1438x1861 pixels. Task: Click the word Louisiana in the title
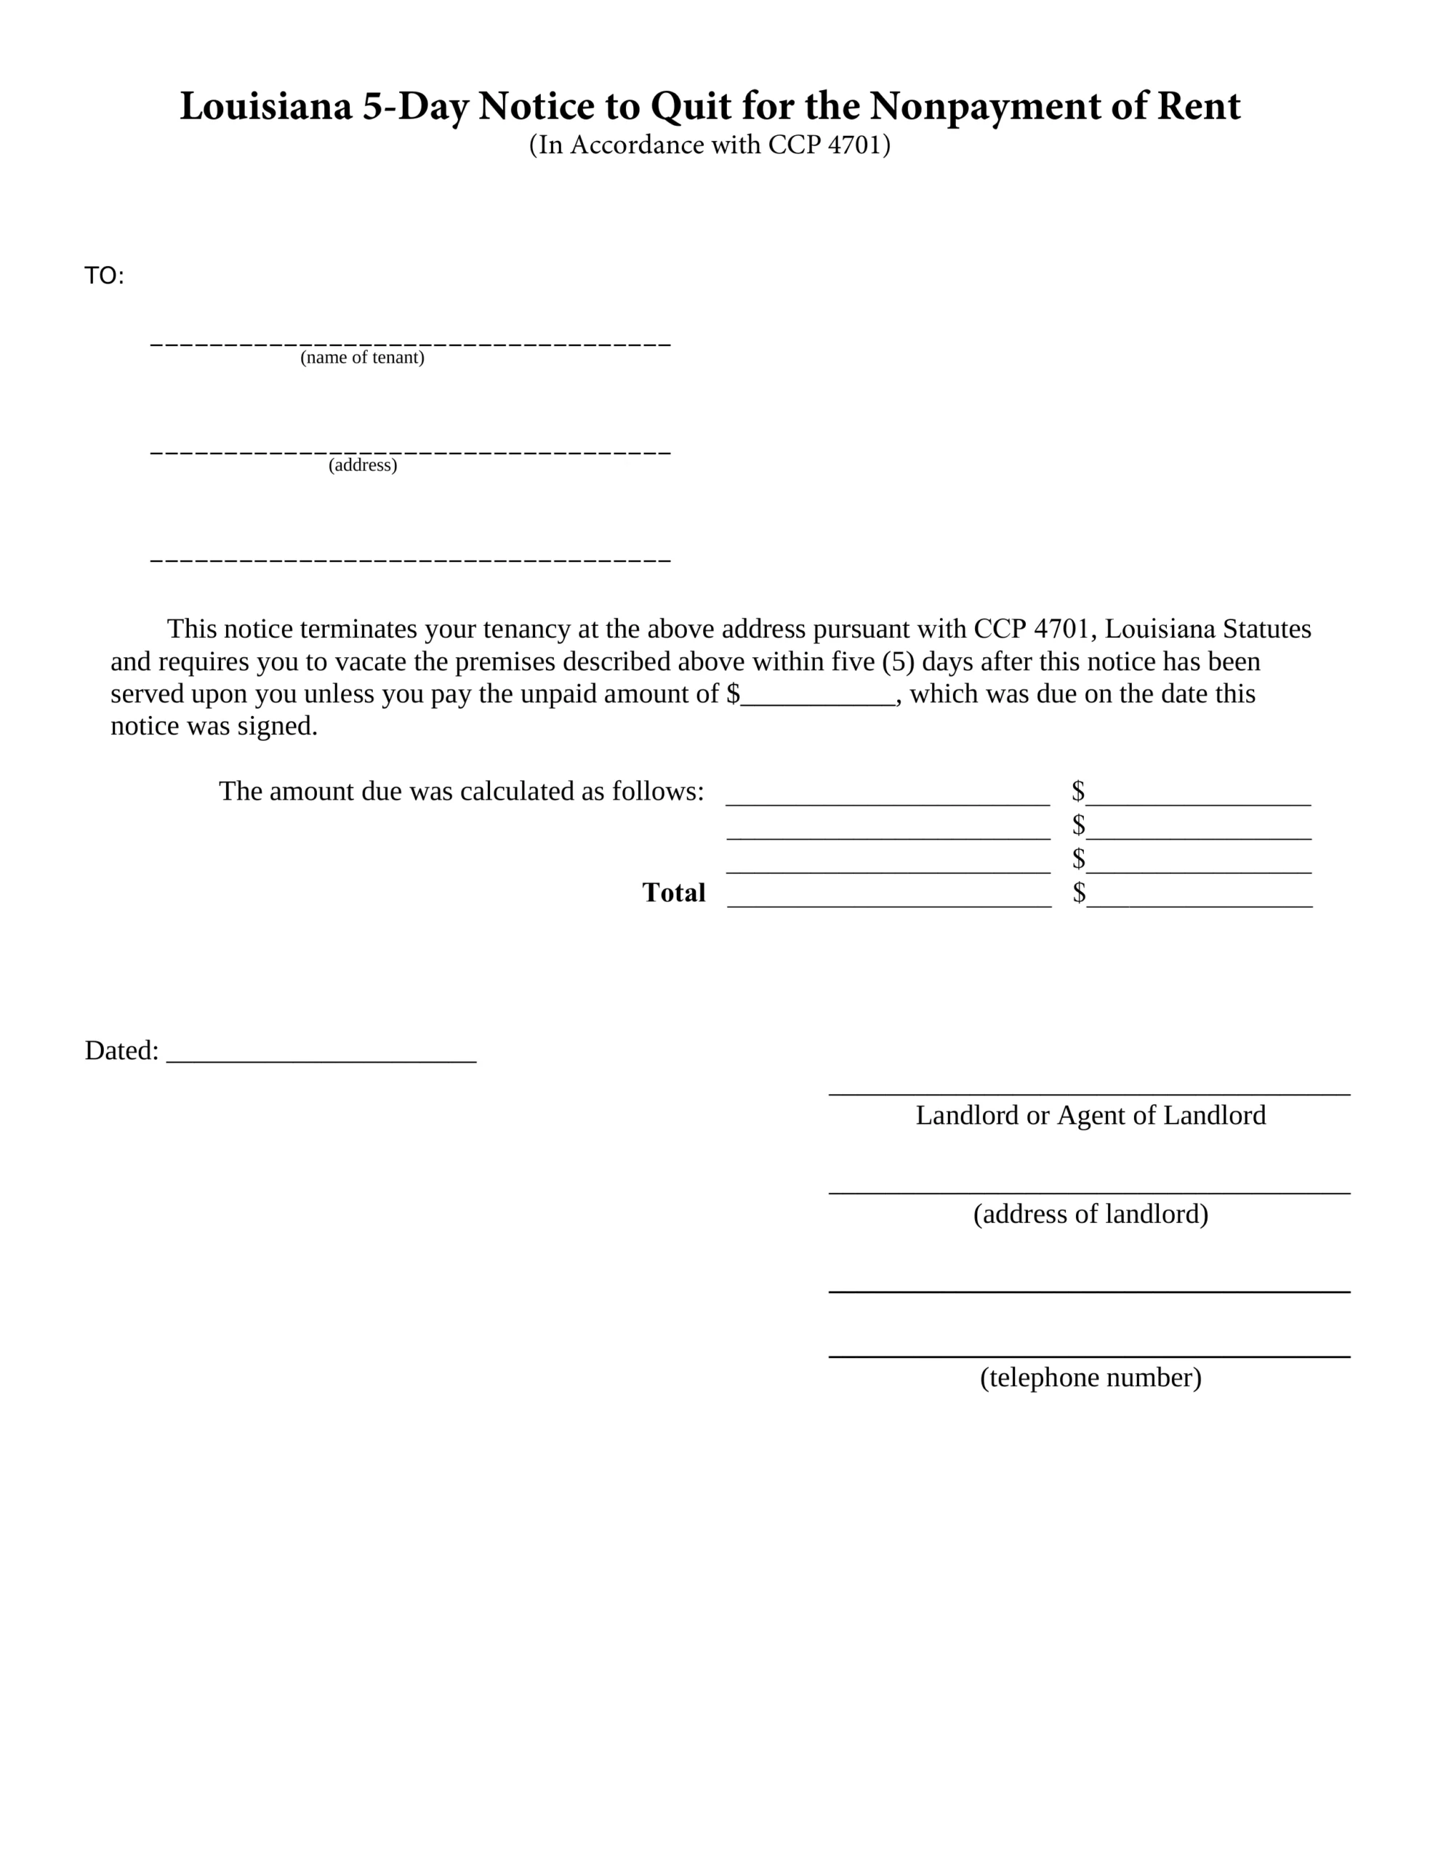click(265, 107)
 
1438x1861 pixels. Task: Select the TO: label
click(104, 276)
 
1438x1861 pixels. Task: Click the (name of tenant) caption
click(362, 358)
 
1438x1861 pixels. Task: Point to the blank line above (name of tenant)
click(410, 342)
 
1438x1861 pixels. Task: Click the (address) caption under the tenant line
click(362, 465)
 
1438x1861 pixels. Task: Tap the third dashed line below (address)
click(410, 560)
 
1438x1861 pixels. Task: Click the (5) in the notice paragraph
click(898, 662)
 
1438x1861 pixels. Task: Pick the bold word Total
click(673, 892)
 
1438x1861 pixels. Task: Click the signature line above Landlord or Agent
click(1088, 1093)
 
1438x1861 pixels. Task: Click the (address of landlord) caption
click(1090, 1213)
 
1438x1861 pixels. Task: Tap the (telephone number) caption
click(1090, 1377)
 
